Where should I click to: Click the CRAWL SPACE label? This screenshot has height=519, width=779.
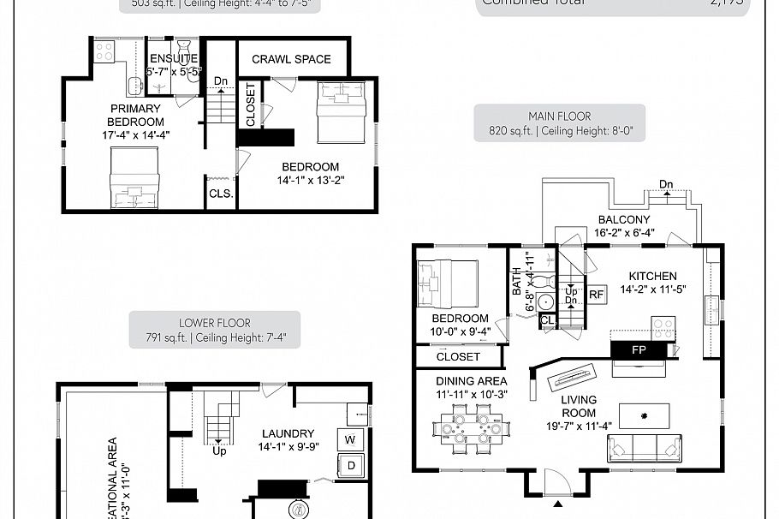291,59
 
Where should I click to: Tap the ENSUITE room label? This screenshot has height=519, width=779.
174,58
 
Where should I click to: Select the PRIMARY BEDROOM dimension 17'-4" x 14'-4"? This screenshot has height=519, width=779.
134,134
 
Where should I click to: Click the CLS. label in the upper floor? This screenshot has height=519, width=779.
220,194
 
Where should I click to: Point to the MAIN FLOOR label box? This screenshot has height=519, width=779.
559,124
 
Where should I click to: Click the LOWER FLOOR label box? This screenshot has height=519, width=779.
215,330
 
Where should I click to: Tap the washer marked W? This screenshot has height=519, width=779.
351,440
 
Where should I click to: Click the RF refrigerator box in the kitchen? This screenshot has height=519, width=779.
596,294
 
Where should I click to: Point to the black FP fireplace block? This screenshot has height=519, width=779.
639,349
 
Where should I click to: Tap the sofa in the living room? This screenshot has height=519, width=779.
644,447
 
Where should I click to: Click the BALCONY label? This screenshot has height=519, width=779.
623,220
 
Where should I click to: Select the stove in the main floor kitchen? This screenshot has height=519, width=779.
664,328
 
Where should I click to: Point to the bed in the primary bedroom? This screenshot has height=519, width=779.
134,177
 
